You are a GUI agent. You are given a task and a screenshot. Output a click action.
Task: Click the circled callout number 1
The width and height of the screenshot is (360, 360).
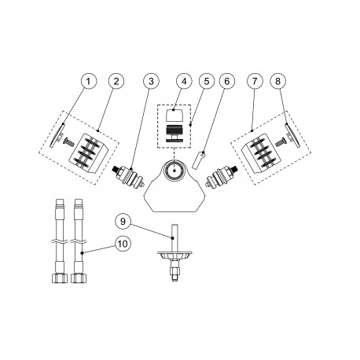[x=89, y=81]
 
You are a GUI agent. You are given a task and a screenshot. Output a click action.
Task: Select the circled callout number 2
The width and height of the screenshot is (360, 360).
[x=115, y=81]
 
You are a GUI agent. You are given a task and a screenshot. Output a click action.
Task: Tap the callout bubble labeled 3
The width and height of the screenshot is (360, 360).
[x=149, y=81]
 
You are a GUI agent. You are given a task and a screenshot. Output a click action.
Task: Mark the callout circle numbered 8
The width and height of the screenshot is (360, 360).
[x=278, y=81]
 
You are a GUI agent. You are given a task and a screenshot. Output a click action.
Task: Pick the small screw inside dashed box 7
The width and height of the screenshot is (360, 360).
[x=280, y=142]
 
